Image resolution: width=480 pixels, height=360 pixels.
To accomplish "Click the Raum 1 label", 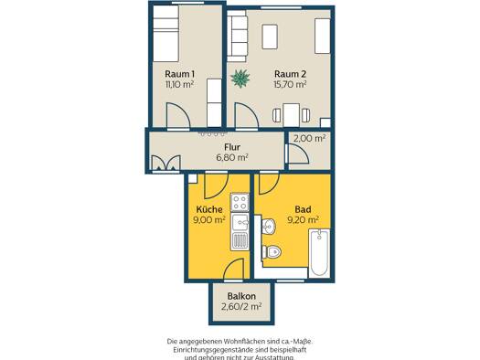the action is coord(179,74).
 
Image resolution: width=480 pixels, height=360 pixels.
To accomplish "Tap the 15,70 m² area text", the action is coord(290,84).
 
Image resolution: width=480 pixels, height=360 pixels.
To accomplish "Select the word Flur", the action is coord(232,147).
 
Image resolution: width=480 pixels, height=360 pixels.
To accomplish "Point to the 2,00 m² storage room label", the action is coord(309,138).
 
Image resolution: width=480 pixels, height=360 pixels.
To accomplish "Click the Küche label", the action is coord(209,209).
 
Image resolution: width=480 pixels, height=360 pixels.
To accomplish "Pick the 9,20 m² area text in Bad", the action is coord(303,219).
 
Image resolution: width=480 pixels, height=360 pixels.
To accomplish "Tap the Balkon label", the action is coord(241,296).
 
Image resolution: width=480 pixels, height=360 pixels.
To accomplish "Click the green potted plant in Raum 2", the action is coord(240,79).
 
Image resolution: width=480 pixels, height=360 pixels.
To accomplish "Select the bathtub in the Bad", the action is coord(319,253).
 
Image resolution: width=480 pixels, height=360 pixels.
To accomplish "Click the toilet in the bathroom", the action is coord(272,251).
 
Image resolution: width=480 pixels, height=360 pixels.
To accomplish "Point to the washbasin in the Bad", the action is coord(269,227).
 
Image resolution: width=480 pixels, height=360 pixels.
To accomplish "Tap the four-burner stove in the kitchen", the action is coord(240,203).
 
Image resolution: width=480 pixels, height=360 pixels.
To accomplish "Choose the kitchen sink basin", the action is coord(240,222).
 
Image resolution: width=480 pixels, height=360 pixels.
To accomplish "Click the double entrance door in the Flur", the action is coord(165,163).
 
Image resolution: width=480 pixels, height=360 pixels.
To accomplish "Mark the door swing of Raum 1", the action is coord(178,115).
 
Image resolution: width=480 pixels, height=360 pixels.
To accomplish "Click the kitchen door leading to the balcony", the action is coord(234,270).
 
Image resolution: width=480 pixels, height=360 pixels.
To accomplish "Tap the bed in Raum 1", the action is coord(165,33).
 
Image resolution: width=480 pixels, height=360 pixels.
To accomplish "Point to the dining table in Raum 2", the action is coord(291,115).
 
